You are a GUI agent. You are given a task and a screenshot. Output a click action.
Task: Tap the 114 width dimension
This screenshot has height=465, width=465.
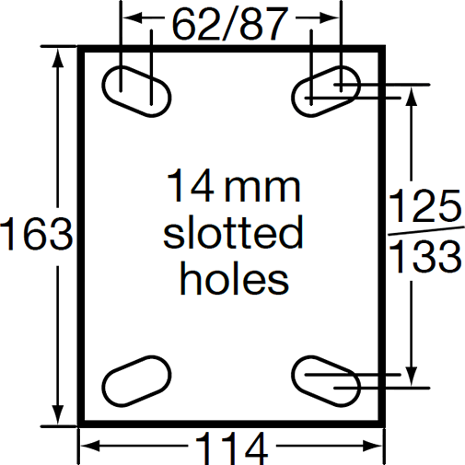230,448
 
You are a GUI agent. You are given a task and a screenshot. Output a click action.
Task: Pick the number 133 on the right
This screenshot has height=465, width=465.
425,258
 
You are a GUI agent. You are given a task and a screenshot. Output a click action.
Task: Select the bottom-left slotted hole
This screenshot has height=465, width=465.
136,380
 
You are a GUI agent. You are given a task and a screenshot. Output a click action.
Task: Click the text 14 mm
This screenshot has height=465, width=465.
233,188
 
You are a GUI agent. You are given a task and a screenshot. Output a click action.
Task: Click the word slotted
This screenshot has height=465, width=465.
233,233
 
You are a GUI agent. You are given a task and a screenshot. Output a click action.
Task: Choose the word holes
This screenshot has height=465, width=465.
234,277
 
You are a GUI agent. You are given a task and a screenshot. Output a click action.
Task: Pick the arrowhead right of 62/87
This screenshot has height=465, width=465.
334,17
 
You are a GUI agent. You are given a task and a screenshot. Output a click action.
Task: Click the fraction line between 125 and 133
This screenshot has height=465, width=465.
425,232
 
